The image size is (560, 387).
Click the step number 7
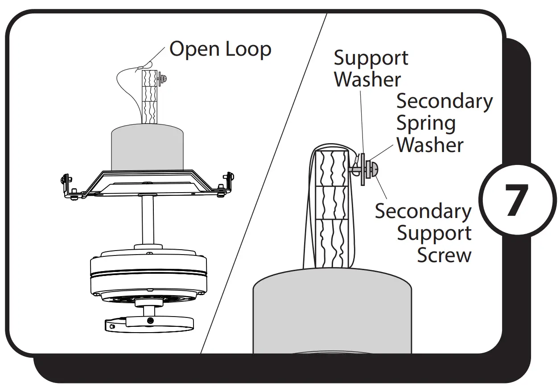pos(516,200)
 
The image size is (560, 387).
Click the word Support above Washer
pos(371,58)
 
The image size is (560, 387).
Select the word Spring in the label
pos(426,124)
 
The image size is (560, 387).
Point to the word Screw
pos(444,255)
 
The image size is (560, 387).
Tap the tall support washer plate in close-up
pos(363,169)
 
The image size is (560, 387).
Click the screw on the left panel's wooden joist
pos(164,78)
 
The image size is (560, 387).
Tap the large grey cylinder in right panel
pos(332,312)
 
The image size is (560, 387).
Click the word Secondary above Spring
pos(444,102)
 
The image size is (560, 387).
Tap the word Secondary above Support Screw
pos(423,211)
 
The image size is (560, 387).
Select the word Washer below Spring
pos(430,145)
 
